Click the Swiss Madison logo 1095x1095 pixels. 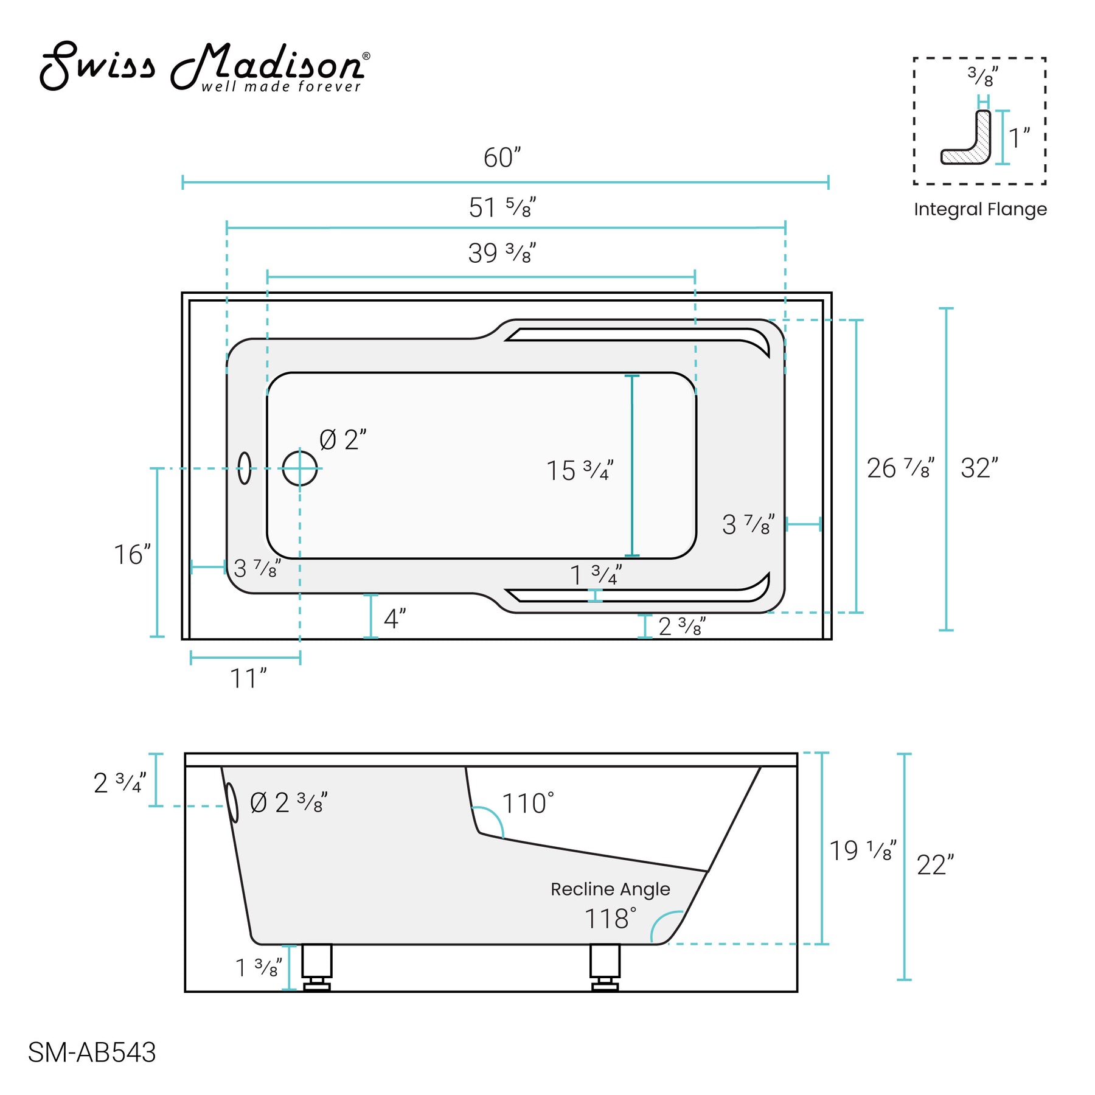tap(204, 68)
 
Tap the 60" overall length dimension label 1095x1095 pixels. tap(502, 158)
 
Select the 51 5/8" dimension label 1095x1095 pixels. tap(502, 208)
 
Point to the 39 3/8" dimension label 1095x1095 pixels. tap(502, 253)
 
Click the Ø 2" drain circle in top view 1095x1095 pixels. tap(300, 468)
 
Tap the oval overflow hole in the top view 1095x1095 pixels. tap(245, 468)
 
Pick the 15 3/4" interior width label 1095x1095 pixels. tap(579, 471)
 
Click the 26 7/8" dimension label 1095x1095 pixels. tap(900, 468)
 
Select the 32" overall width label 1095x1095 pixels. tap(979, 468)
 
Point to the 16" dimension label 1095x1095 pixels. tap(132, 555)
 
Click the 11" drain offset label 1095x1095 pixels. tap(248, 679)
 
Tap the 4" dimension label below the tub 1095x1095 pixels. tap(394, 619)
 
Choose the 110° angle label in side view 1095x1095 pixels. tap(527, 804)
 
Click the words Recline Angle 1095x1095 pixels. tap(610, 889)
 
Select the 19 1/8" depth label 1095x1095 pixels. tap(862, 851)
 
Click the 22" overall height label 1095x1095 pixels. tap(935, 866)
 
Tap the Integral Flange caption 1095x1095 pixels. tap(980, 209)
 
